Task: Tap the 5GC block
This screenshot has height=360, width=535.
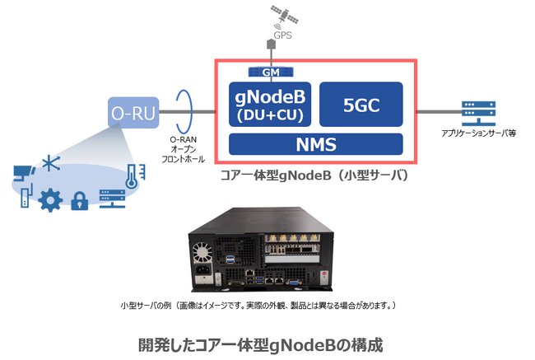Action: pyautogui.click(x=360, y=105)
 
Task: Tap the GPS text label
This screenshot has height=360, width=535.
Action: pyautogui.click(x=282, y=35)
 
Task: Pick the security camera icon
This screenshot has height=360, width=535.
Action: pyautogui.click(x=24, y=172)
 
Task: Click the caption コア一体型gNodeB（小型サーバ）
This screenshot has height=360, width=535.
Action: pyautogui.click(x=314, y=175)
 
